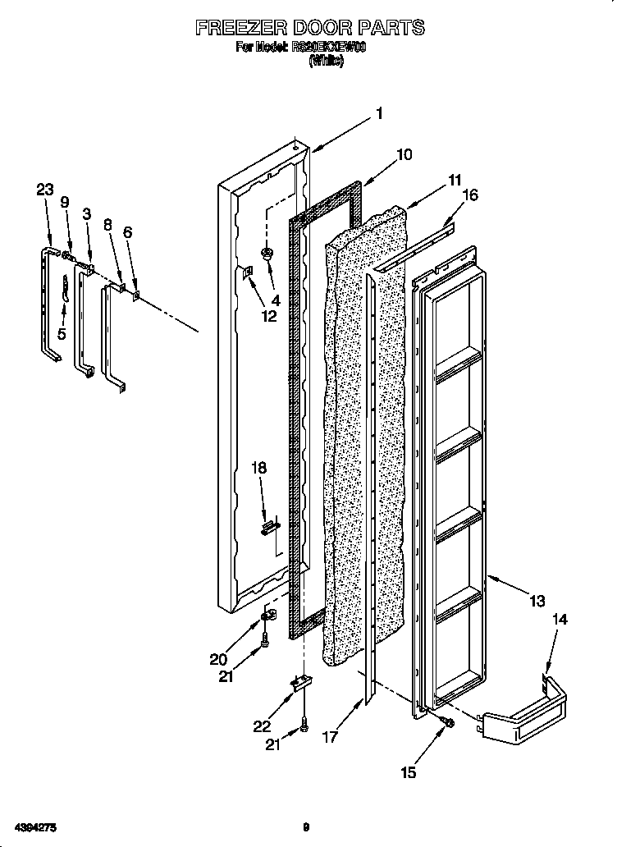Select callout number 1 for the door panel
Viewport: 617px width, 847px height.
click(x=379, y=114)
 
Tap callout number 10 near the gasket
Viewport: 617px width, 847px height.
click(x=404, y=154)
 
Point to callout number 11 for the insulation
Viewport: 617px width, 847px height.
click(x=454, y=180)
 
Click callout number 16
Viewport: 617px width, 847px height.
click(x=469, y=195)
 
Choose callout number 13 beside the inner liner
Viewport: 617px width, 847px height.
click(x=537, y=602)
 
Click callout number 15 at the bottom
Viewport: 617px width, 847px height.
click(x=408, y=772)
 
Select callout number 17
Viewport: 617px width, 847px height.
click(x=330, y=736)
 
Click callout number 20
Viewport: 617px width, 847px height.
click(x=218, y=658)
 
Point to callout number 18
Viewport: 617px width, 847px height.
click(x=258, y=468)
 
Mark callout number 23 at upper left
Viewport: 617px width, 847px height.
click(x=45, y=190)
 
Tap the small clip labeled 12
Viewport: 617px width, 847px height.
click(x=245, y=273)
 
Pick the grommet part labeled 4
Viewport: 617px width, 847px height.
click(x=267, y=254)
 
